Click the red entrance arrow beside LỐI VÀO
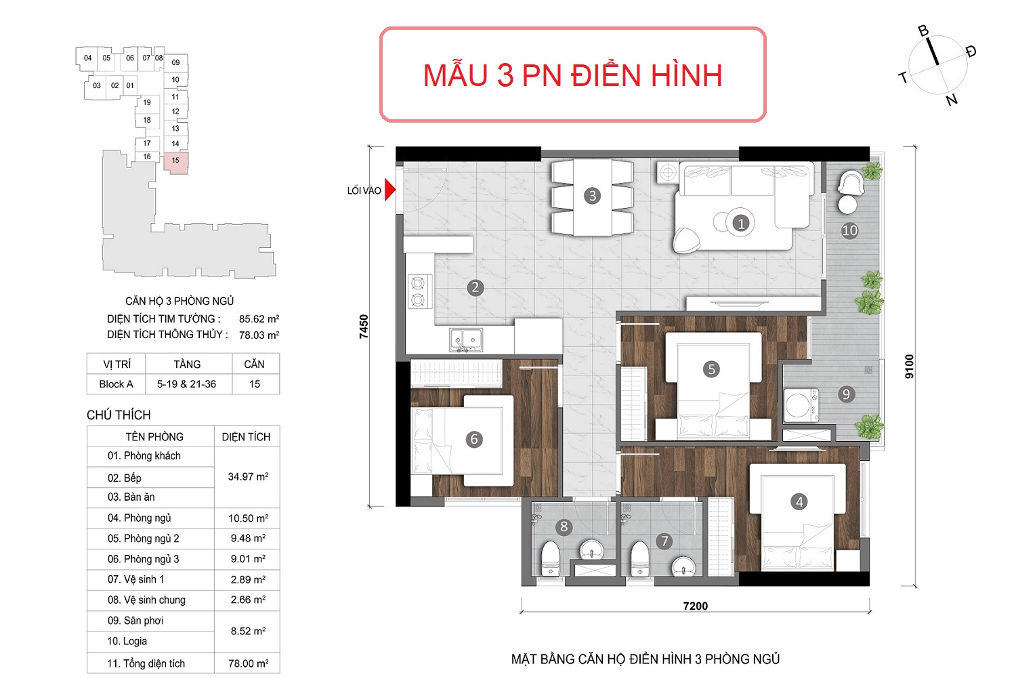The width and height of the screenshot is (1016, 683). tap(389, 190)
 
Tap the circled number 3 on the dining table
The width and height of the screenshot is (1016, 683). tap(592, 196)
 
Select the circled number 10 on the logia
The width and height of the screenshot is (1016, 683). tap(849, 231)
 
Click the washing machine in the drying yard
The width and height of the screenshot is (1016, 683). tap(801, 405)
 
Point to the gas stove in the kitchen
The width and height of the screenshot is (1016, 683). tap(418, 292)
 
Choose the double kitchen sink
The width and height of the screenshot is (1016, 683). tap(466, 340)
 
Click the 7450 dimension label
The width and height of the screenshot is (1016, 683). tap(364, 327)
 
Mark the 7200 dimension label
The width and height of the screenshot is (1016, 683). tap(696, 606)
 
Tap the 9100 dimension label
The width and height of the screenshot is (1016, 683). tap(909, 367)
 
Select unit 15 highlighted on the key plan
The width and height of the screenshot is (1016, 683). tap(175, 163)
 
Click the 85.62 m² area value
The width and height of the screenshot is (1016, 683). tap(259, 318)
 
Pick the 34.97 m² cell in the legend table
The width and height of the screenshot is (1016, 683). tap(248, 476)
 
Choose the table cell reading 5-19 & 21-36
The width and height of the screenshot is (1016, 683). tap(186, 384)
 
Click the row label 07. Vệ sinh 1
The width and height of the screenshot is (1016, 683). tap(135, 579)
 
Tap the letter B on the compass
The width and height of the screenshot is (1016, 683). tap(923, 30)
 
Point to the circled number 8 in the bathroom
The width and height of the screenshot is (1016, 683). tap(564, 527)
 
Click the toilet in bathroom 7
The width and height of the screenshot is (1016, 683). tap(639, 559)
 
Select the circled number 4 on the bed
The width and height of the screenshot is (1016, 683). tap(799, 502)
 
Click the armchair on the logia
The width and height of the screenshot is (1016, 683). tap(851, 183)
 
